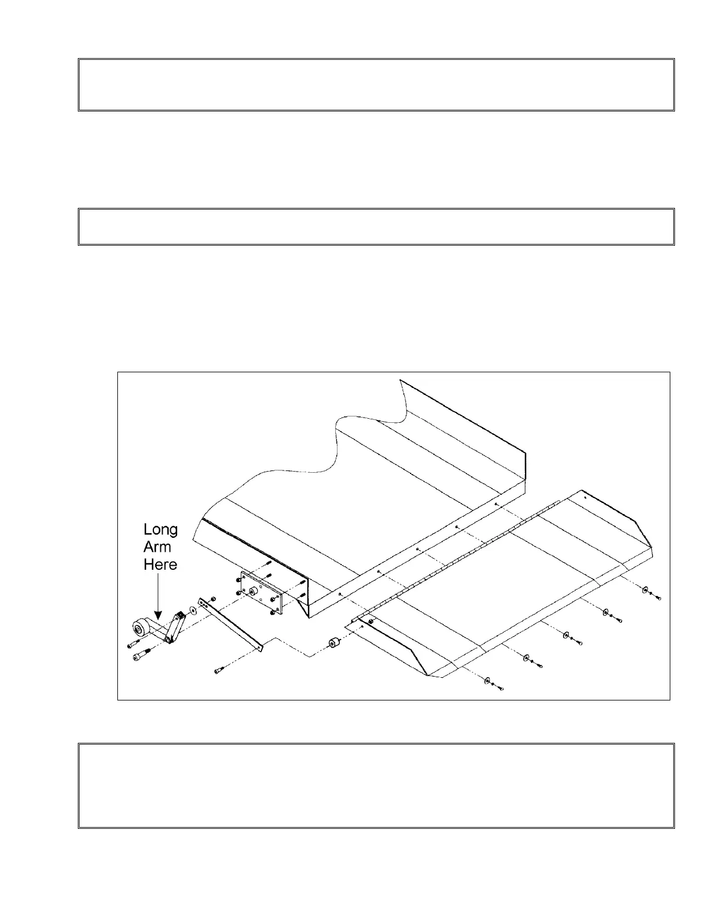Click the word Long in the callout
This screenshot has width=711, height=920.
tap(161, 530)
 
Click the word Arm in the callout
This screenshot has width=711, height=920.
tap(157, 547)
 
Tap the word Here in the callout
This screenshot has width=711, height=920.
tap(160, 564)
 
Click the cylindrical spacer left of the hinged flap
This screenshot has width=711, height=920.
tap(333, 645)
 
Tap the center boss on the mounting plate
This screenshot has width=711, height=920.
tap(253, 591)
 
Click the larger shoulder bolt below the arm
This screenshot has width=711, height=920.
tap(141, 655)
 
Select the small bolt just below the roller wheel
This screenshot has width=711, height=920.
tap(131, 643)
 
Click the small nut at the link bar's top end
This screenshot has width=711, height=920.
tap(214, 599)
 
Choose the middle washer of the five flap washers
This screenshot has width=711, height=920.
tap(566, 635)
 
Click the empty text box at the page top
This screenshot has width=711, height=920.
tap(376, 85)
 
